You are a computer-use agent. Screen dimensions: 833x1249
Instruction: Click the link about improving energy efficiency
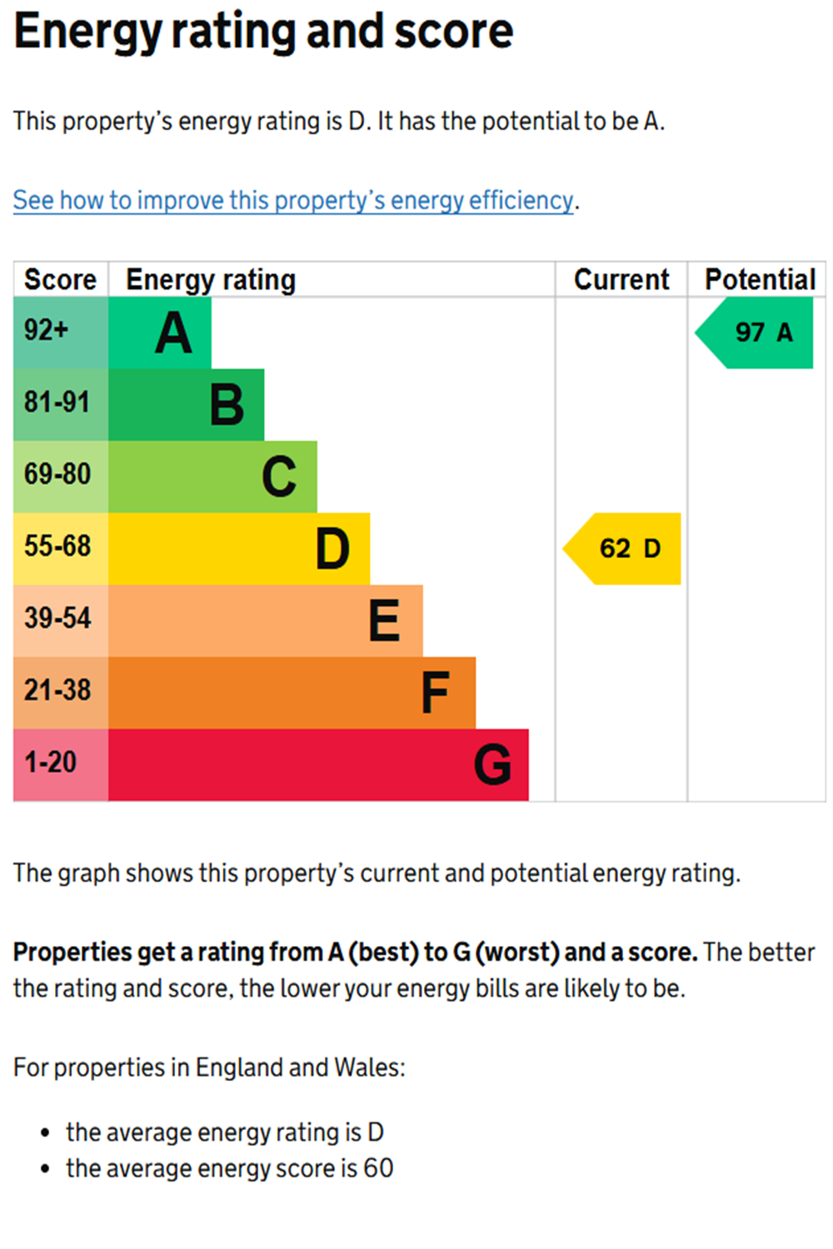click(x=293, y=201)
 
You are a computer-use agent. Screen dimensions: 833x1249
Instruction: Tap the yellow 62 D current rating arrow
click(x=621, y=549)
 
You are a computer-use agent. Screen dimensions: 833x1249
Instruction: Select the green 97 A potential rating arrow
click(x=754, y=332)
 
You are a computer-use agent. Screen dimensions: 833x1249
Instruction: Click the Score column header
click(x=60, y=279)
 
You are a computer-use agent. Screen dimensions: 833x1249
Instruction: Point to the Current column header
click(x=621, y=279)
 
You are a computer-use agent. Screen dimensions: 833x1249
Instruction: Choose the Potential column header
click(x=761, y=279)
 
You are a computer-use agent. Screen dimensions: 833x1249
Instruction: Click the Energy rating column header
click(x=211, y=280)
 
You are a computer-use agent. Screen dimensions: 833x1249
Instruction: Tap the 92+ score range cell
click(x=61, y=332)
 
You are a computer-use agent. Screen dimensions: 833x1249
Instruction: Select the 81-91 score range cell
click(x=61, y=405)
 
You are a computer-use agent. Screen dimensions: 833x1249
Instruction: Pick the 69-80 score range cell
click(x=61, y=477)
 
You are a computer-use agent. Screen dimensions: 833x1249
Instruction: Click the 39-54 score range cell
click(x=61, y=620)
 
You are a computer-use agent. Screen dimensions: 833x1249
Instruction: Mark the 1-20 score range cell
click(x=61, y=765)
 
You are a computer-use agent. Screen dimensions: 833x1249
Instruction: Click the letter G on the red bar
click(x=492, y=764)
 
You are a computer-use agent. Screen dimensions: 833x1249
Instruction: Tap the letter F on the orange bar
click(x=435, y=693)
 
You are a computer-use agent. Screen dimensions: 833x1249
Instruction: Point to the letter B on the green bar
click(x=227, y=404)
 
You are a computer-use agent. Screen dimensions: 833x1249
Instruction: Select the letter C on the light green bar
click(x=279, y=476)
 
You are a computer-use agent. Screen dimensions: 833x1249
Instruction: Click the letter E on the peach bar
click(x=384, y=620)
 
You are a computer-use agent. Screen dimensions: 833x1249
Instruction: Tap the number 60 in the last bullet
click(x=378, y=1168)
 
